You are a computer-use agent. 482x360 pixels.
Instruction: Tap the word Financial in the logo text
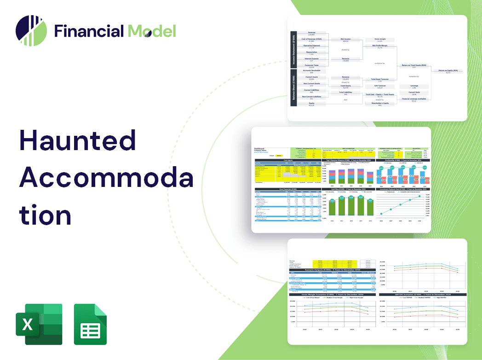pyautogui.click(x=89, y=31)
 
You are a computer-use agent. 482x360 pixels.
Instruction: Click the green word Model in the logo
pyautogui.click(x=152, y=31)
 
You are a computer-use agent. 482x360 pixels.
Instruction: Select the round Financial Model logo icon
pyautogui.click(x=31, y=31)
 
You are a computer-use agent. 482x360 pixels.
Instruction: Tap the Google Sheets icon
pyautogui.click(x=90, y=324)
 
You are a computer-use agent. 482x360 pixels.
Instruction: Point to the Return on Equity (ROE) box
pyautogui.click(x=448, y=71)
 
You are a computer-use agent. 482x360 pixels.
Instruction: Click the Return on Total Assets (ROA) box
pyautogui.click(x=414, y=66)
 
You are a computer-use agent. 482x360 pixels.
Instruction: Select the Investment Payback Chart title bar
pyautogui.click(x=404, y=189)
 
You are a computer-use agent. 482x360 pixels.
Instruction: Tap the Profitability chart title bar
pyautogui.click(x=404, y=160)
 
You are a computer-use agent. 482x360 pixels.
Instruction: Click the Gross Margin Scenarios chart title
pyautogui.click(x=331, y=294)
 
